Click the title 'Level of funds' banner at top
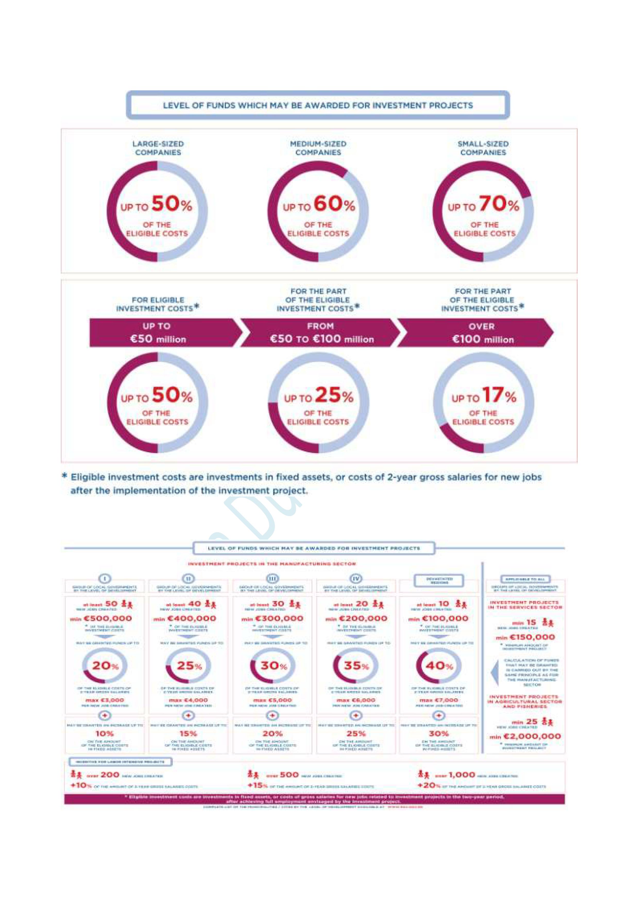[318, 105]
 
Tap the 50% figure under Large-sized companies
[172, 204]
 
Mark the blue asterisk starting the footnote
[65, 476]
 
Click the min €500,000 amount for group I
[101, 619]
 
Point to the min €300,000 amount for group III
[273, 619]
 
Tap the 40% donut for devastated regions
[439, 665]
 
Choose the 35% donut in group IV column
[356, 665]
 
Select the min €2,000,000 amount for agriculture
[525, 736]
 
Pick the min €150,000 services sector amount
[525, 637]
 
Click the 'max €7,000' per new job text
[438, 700]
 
